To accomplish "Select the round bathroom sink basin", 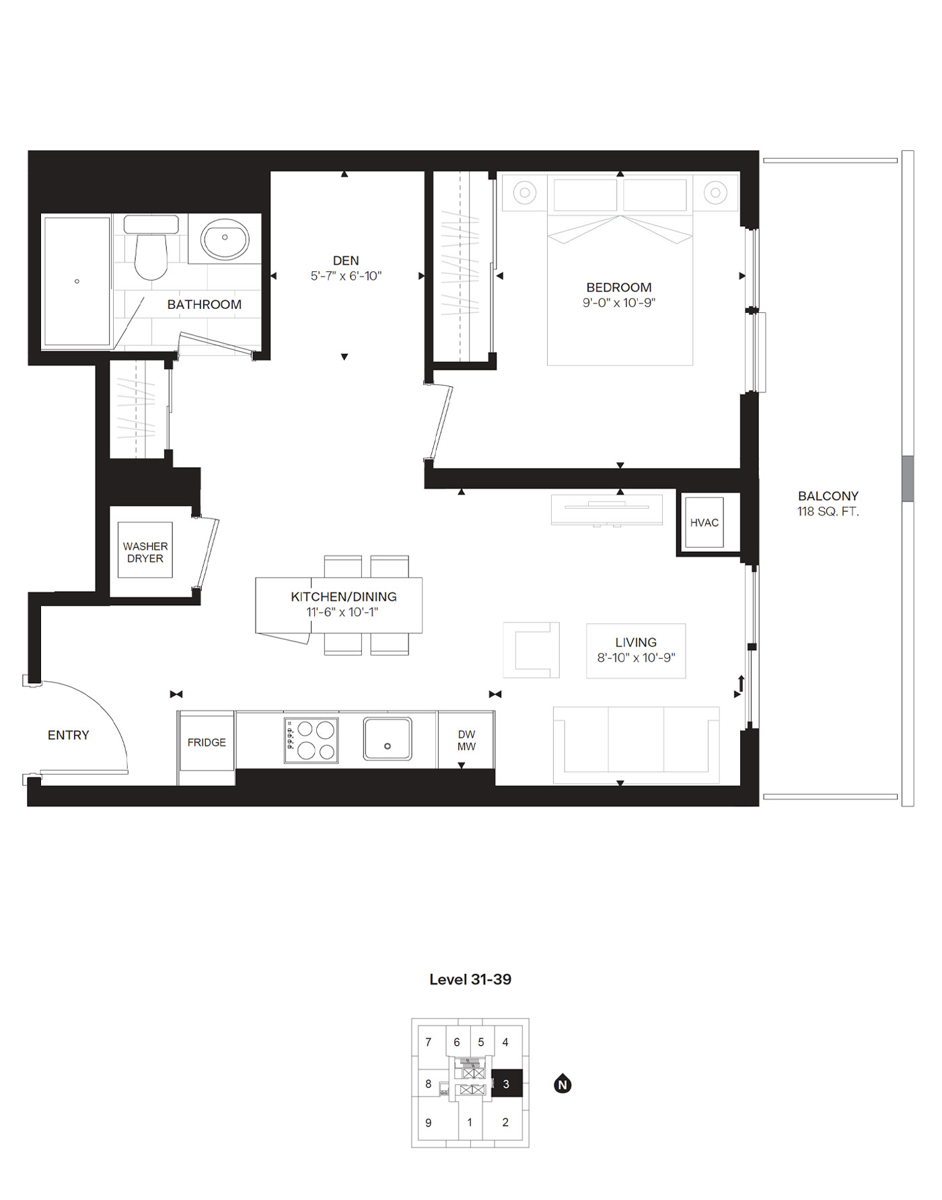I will click(225, 238).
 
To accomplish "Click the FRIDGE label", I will click(207, 742).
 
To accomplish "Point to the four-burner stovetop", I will click(311, 740).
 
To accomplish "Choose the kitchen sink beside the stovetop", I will click(388, 739).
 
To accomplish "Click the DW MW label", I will click(466, 740).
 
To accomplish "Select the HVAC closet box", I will click(704, 523).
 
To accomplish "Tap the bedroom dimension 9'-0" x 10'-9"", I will click(619, 303).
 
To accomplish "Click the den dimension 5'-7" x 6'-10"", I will click(346, 276).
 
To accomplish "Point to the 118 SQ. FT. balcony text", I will click(828, 511).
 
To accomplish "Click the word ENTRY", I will click(69, 735).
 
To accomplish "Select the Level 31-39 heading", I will click(470, 979).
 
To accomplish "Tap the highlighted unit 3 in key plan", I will click(507, 1084).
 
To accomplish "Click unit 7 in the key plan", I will click(429, 1043).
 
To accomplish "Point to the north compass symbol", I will click(563, 1084).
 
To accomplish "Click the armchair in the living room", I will click(532, 650).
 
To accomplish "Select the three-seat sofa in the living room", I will click(636, 744).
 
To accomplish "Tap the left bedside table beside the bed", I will click(525, 193).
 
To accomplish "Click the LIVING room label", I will click(635, 643).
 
